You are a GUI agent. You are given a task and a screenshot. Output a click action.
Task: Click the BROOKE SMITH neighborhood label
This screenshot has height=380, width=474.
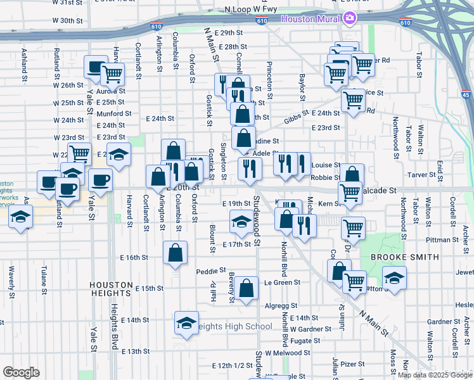tap(404, 257)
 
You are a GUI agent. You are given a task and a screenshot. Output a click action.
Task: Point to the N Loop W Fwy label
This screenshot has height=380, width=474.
tap(251, 10)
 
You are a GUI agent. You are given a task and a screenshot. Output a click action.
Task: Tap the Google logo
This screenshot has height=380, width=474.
tap(21, 372)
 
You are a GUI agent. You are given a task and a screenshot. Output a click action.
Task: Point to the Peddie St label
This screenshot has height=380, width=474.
tap(207, 270)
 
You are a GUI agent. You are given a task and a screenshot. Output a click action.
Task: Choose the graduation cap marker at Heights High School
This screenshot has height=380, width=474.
tap(186, 322)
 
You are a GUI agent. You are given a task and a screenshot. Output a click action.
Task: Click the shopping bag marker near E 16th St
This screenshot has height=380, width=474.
tap(175, 253)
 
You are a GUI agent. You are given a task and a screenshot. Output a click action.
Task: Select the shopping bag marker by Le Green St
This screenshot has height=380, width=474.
tap(248, 288)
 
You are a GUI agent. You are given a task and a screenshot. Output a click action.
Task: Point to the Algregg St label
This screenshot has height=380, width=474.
tap(276, 305)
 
